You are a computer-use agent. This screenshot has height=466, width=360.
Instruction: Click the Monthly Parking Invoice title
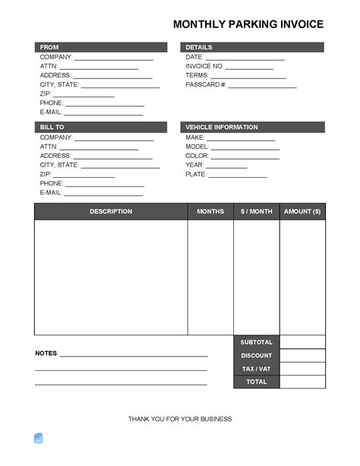tap(248, 24)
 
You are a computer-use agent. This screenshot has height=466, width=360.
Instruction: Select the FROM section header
tap(49, 47)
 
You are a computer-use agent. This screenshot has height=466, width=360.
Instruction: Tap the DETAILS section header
tap(199, 47)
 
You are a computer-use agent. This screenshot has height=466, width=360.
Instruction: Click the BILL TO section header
tap(52, 127)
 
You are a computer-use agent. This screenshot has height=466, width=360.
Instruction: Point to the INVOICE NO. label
tap(204, 66)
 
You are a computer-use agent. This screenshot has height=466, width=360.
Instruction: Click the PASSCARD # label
tap(206, 84)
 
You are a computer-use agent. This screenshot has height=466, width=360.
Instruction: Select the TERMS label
tap(197, 75)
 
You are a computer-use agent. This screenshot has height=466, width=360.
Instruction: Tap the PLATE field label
tap(196, 174)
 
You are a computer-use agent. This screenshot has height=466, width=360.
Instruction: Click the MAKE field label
tap(195, 138)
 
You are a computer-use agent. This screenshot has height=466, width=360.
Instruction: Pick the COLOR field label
tap(197, 156)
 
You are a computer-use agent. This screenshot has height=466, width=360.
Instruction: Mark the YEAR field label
tap(194, 165)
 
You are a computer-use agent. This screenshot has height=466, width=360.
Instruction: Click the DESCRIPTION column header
tap(111, 211)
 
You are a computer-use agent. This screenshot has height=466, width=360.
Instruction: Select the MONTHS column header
tap(210, 211)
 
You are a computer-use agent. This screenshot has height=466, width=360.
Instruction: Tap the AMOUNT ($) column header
tap(302, 211)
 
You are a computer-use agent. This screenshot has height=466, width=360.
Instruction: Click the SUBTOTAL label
tap(257, 342)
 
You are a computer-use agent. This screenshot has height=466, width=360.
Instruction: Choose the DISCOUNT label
tap(257, 356)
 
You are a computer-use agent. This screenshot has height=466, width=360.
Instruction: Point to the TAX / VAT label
tap(257, 369)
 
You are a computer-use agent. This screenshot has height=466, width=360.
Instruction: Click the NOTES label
tap(46, 353)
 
